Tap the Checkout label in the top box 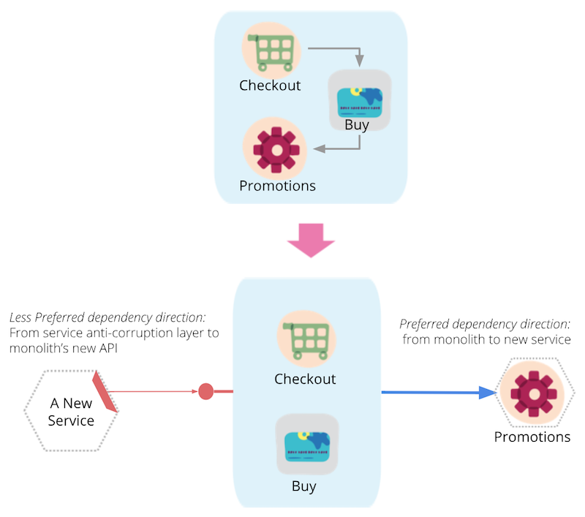[270, 86]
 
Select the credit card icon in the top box [358, 101]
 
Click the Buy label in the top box [357, 124]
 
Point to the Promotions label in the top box [277, 186]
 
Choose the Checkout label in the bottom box [305, 379]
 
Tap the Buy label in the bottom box [304, 485]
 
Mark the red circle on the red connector [206, 392]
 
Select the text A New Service [71, 412]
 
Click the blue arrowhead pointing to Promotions [486, 393]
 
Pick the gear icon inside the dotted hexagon [532, 393]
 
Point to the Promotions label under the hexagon [532, 437]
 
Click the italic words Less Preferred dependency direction [107, 318]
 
